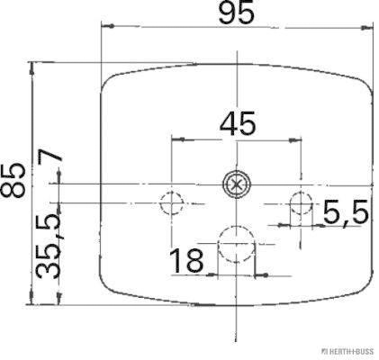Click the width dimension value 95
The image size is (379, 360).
(236, 14)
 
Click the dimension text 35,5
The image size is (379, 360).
(56, 246)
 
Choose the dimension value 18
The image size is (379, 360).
(186, 261)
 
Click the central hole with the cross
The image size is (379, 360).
(235, 184)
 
